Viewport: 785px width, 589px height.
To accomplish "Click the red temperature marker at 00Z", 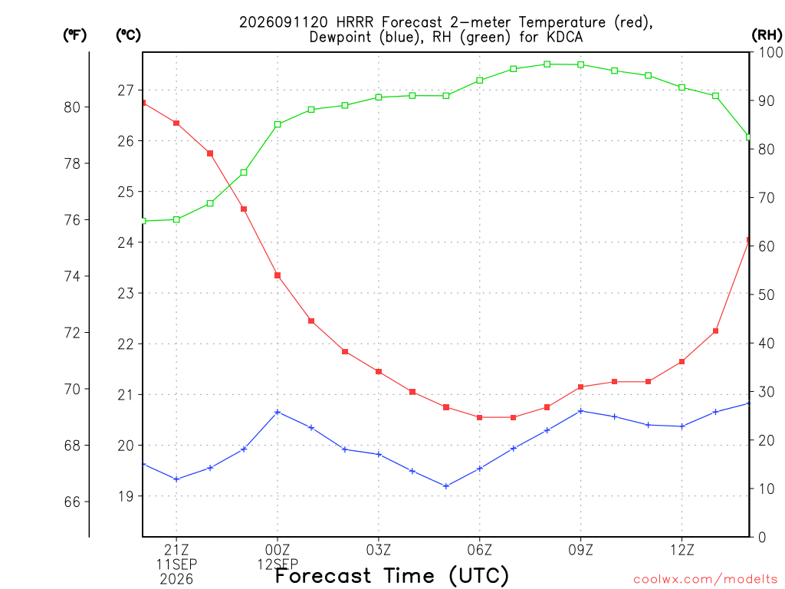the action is [278, 275].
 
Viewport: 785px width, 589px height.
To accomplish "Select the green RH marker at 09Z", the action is [581, 64].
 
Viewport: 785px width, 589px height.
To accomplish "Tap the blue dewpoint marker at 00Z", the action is [278, 412].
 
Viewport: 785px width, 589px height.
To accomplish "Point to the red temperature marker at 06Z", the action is [480, 417].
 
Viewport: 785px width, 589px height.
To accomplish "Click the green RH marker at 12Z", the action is [682, 87].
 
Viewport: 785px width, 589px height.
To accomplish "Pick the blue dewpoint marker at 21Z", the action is [176, 479].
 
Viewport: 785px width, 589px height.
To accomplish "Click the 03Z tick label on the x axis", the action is [379, 551].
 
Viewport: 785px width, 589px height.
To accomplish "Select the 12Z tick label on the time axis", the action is [682, 551].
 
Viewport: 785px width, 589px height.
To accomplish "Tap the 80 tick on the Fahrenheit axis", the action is [72, 107].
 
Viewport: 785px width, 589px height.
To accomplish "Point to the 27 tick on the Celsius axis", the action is [126, 90].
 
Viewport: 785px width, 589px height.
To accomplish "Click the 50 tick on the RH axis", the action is [766, 294].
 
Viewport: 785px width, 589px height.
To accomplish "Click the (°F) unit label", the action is [74, 35].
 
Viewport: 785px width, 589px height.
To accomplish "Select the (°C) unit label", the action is [128, 35].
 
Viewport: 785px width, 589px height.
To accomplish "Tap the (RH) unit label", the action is [767, 35].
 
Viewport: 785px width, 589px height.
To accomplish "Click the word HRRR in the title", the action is [355, 22].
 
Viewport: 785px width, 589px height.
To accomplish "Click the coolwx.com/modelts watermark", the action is [705, 580].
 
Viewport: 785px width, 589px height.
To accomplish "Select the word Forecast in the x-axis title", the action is [324, 576].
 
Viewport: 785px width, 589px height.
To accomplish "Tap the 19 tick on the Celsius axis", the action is [126, 496].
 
